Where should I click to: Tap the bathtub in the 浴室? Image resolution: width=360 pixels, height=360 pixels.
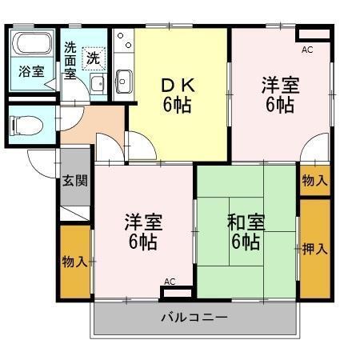(x=32, y=44)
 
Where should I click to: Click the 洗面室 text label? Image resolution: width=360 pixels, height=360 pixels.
(x=70, y=60)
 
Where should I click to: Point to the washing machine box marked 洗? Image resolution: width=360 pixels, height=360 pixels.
(x=94, y=58)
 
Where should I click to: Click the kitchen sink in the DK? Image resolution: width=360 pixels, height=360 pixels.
(x=124, y=80)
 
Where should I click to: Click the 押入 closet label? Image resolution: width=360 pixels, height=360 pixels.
(x=314, y=248)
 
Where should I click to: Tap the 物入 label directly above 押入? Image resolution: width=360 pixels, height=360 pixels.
(x=314, y=181)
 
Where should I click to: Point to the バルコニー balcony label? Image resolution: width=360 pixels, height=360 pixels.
(x=194, y=317)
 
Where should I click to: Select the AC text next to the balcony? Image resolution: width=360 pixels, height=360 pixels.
(x=169, y=282)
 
